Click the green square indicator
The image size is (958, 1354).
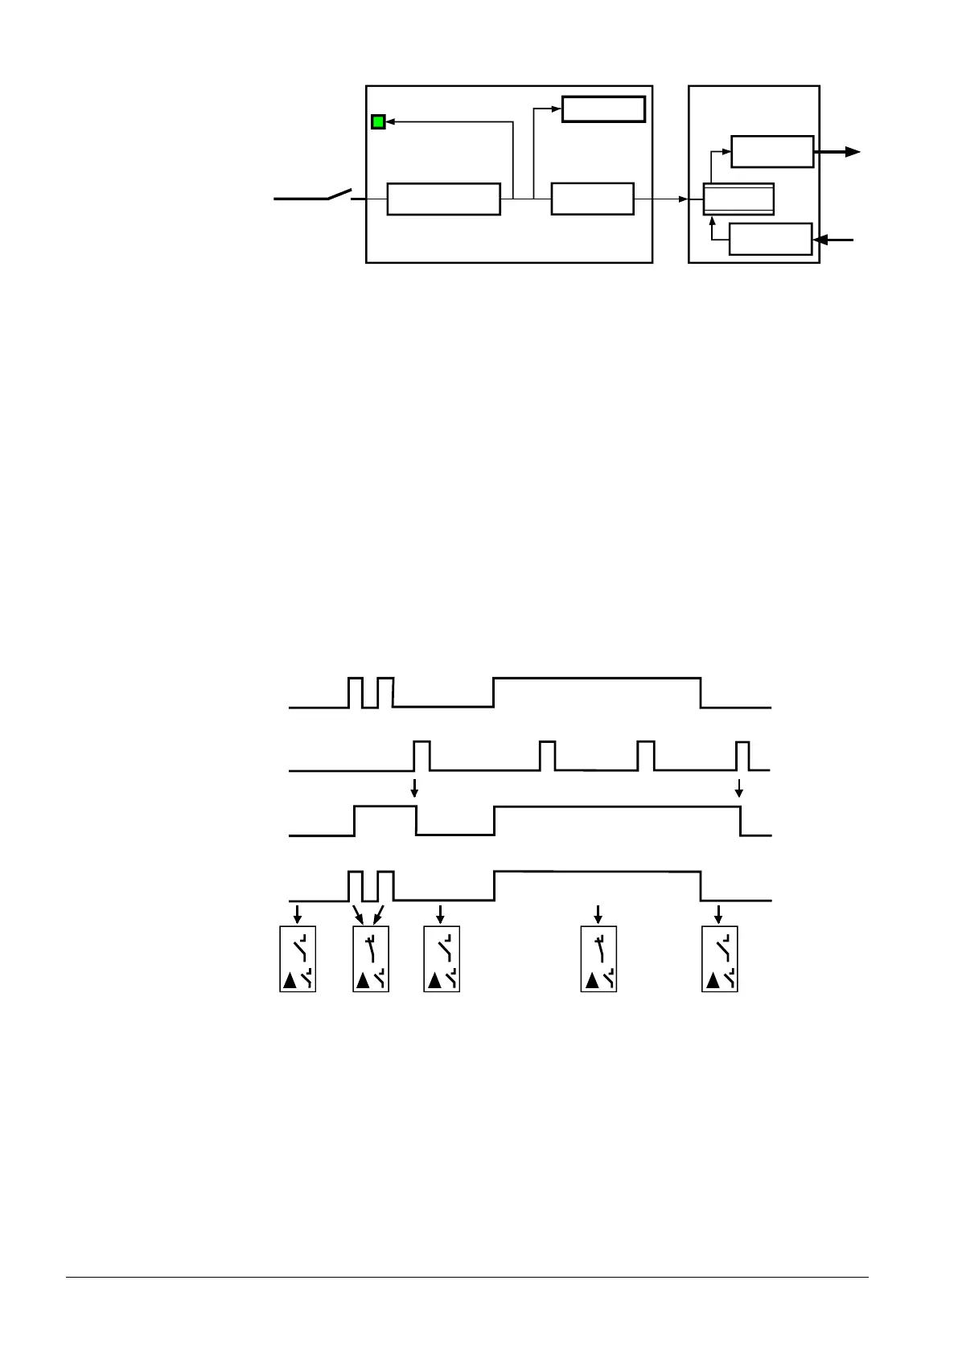tap(377, 122)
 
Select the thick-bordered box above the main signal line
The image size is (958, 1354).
tap(603, 109)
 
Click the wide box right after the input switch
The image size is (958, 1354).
tap(443, 199)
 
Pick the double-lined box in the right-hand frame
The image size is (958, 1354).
tap(738, 199)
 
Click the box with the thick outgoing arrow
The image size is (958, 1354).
tap(772, 151)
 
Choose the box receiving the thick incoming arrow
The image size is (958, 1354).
tap(770, 239)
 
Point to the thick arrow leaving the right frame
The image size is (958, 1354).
tap(840, 151)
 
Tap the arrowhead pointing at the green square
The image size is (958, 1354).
tap(389, 122)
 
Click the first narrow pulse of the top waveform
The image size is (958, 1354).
tap(355, 692)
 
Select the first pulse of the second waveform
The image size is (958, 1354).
tap(421, 756)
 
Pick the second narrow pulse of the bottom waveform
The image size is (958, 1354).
tap(385, 885)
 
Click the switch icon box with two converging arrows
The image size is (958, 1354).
tap(371, 958)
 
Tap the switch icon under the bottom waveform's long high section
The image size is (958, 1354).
tap(598, 958)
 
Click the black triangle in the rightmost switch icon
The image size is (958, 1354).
tap(713, 979)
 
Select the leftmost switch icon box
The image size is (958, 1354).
tap(298, 958)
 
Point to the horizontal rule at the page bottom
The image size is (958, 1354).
tap(467, 1277)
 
